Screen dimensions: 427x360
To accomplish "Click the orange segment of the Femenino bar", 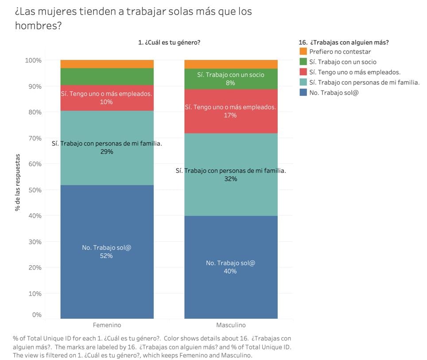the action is pos(107,64).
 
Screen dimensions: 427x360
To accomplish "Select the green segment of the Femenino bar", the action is pos(107,77).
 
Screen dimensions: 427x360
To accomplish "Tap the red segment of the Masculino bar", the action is pos(231,111).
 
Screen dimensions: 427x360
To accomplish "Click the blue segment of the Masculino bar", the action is pos(231,267).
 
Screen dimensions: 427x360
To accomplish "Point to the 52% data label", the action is pos(106,256).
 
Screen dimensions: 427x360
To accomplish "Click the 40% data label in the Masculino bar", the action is pos(230,271).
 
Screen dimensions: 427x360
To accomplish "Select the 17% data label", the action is pos(230,115).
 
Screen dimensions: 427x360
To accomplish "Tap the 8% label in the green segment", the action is pos(230,83).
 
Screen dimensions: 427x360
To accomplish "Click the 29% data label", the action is pos(107,152).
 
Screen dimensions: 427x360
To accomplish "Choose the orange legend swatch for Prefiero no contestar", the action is pos(303,51).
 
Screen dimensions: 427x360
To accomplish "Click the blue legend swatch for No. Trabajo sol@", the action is pos(303,92).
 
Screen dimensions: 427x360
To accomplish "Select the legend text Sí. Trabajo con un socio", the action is pos(343,62).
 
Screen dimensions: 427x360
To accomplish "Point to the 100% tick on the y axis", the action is pos(33,60).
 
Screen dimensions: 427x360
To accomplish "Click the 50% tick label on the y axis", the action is pos(35,190).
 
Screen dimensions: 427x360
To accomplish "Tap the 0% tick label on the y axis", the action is pos(37,315).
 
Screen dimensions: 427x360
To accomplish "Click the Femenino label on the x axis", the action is pos(107,325).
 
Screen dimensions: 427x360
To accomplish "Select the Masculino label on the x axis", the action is pos(231,325).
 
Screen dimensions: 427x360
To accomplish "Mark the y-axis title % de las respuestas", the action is pos(18,183).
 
